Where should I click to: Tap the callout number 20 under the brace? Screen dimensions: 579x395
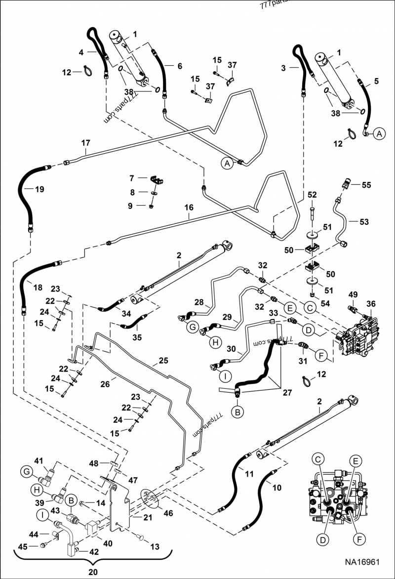tap(93, 572)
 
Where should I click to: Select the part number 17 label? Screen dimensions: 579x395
tap(86, 143)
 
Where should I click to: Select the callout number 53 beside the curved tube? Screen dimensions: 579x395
tap(364, 222)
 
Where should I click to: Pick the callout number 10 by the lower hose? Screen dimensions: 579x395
tap(276, 488)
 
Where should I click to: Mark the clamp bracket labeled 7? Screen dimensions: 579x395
tap(158, 179)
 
